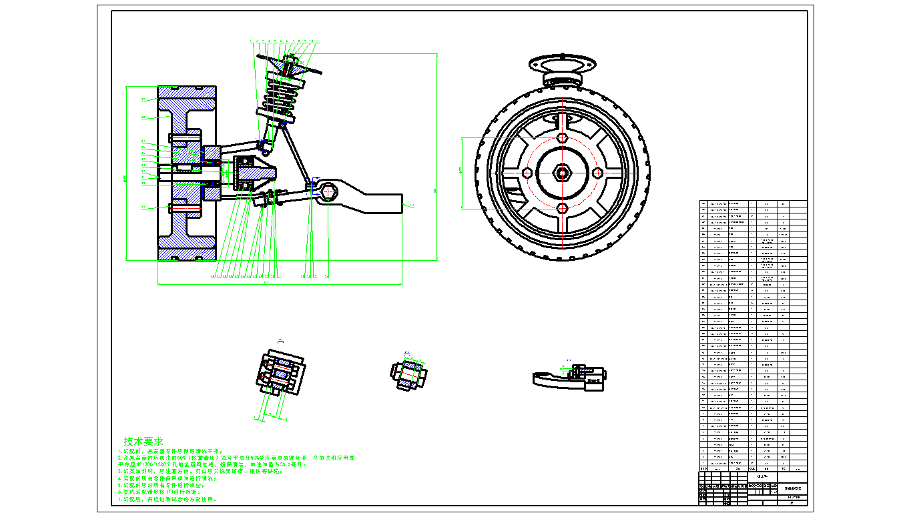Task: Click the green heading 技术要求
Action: [143, 442]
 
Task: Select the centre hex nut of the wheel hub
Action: [563, 172]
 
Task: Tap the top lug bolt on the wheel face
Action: [563, 137]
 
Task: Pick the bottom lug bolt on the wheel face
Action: [563, 207]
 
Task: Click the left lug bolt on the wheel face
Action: [527, 172]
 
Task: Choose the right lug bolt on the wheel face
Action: [598, 172]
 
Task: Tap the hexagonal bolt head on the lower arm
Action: [326, 192]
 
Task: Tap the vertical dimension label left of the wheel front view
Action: [460, 171]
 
